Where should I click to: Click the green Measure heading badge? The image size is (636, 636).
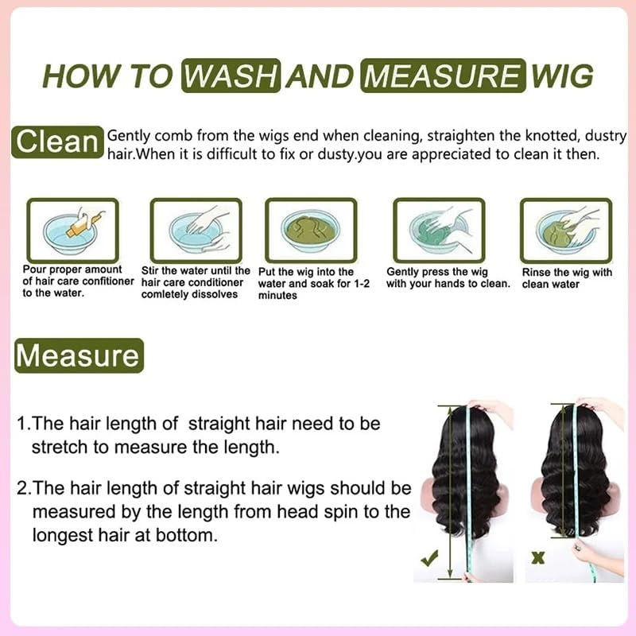(x=78, y=355)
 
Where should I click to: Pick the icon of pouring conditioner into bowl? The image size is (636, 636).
(x=72, y=230)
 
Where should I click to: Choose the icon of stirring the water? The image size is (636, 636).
(x=196, y=230)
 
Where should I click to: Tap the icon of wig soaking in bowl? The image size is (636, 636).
(x=311, y=230)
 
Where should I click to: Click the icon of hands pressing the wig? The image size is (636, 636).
(x=440, y=230)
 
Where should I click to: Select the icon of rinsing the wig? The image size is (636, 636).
(x=565, y=230)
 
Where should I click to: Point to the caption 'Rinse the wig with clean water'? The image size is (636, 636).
(x=567, y=278)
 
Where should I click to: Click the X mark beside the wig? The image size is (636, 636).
(x=537, y=558)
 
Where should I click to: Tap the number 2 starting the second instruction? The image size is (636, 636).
(x=21, y=487)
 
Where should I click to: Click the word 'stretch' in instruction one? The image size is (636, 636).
(x=57, y=448)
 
